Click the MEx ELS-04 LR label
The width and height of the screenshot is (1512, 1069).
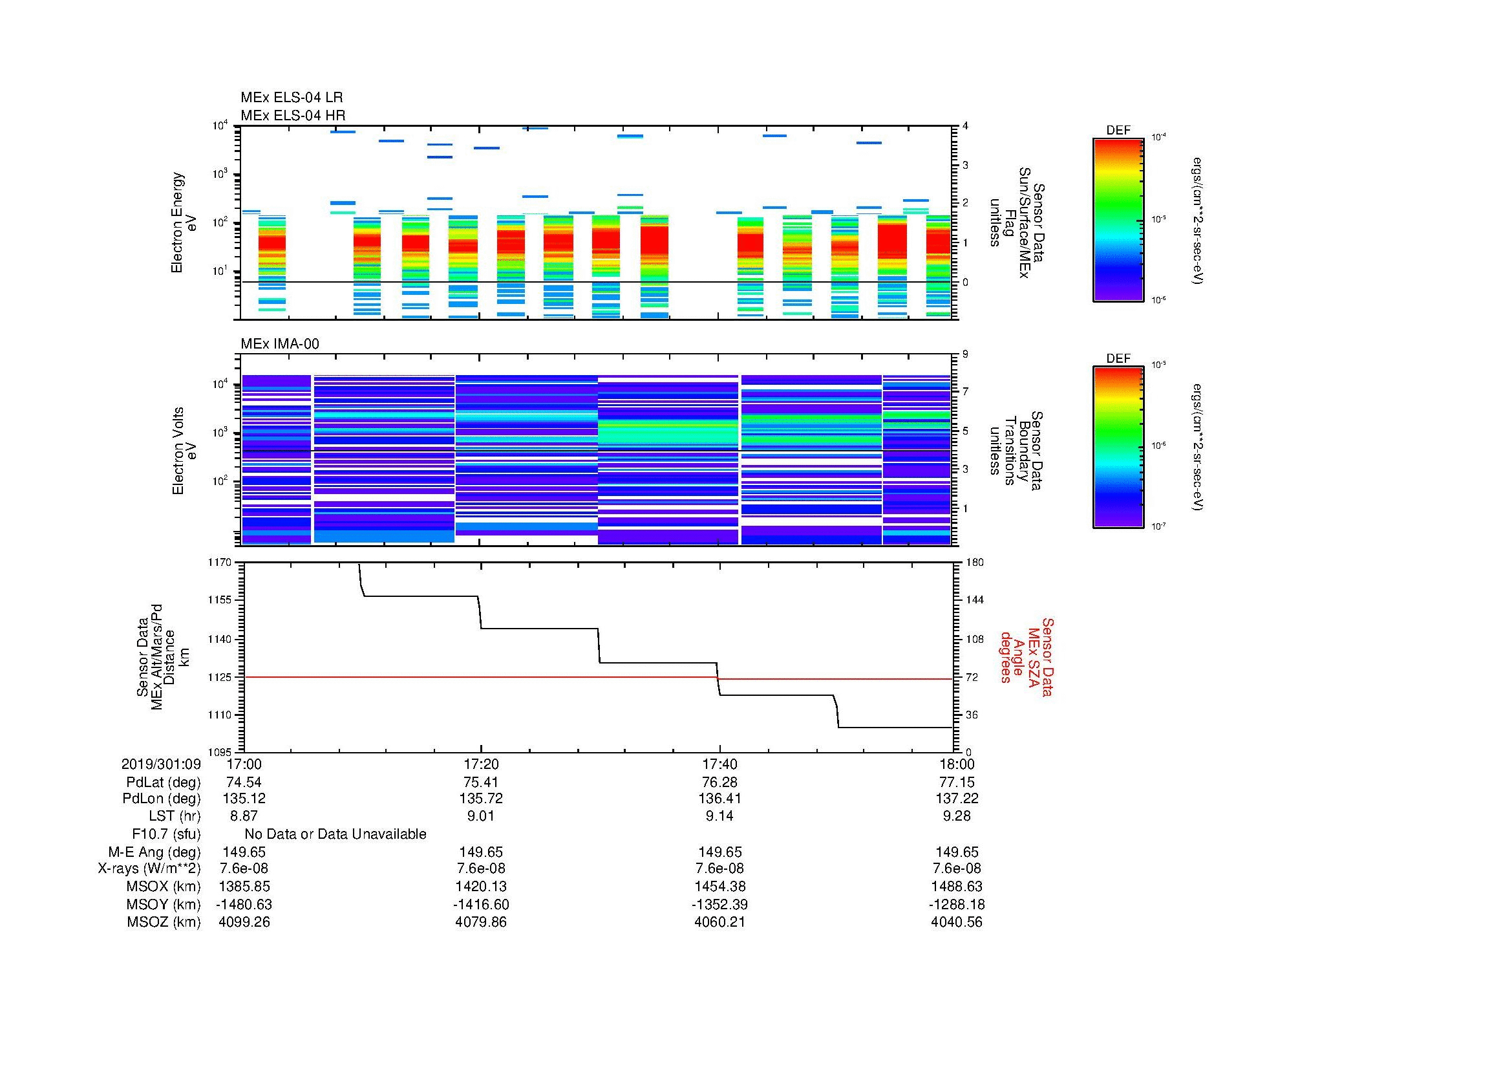[291, 98]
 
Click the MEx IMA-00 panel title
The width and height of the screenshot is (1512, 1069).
[280, 344]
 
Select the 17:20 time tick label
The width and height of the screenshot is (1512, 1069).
[481, 764]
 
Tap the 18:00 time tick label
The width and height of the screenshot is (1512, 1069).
[957, 764]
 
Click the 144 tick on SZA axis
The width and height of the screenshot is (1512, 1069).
[974, 600]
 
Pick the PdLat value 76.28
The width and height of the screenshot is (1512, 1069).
[719, 783]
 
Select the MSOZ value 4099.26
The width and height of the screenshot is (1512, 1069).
[244, 922]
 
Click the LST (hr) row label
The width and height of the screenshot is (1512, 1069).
[175, 816]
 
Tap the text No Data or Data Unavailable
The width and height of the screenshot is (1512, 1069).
[335, 834]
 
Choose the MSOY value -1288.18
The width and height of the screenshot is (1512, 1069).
[957, 904]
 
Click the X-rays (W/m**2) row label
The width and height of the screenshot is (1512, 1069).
[149, 869]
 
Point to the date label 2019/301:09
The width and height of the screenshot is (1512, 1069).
[161, 764]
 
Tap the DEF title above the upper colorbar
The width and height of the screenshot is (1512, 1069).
[1118, 131]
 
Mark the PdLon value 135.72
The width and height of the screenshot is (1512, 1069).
[481, 798]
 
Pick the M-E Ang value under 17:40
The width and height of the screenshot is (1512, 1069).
[719, 852]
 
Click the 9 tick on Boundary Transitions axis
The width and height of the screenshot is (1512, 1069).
[965, 354]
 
